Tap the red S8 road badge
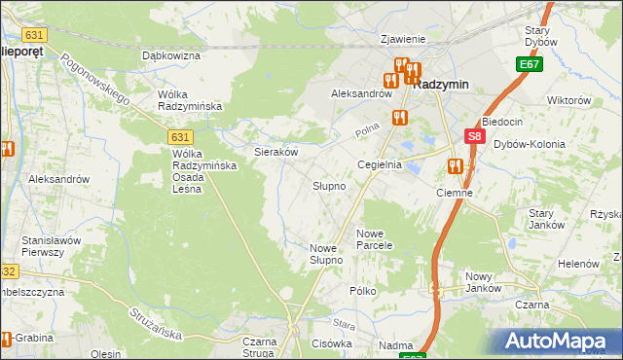pyautogui.click(x=474, y=138)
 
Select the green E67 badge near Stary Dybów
pyautogui.click(x=529, y=64)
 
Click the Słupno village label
pyautogui.click(x=329, y=185)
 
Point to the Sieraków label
pyautogui.click(x=275, y=152)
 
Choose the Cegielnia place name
pyautogui.click(x=380, y=165)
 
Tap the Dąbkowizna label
pyautogui.click(x=170, y=56)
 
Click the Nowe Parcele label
pyautogui.click(x=374, y=239)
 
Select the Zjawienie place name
pyautogui.click(x=403, y=39)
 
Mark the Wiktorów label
pyautogui.click(x=569, y=100)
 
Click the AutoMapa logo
pyautogui.click(x=559, y=342)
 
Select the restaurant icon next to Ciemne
pyautogui.click(x=455, y=166)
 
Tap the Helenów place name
pyautogui.click(x=577, y=264)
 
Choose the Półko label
pyautogui.click(x=362, y=291)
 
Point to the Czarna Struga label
pyautogui.click(x=260, y=347)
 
